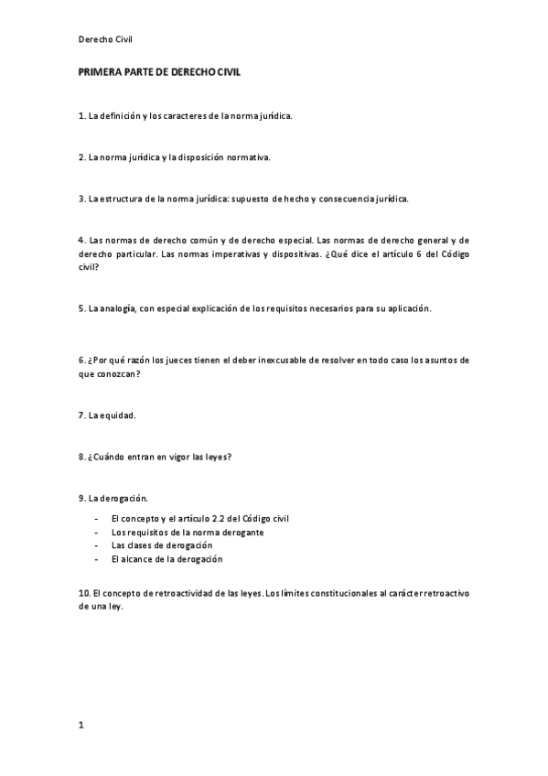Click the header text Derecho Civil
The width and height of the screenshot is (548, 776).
pos(106,38)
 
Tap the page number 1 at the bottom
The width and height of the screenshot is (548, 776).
pos(81,725)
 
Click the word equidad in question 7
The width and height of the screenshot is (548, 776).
pos(119,415)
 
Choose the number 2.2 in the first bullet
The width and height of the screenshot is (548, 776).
pos(220,519)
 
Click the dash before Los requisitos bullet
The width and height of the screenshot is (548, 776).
pos(96,532)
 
